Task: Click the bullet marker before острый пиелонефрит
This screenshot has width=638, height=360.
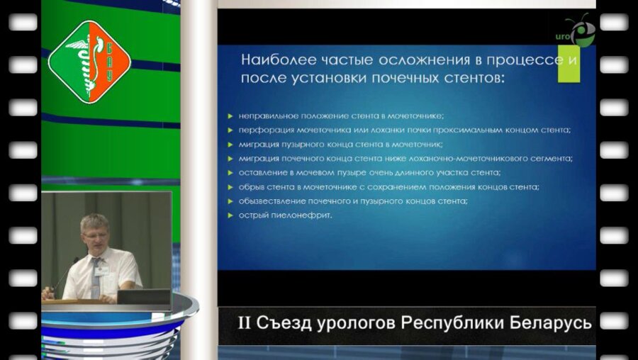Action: point(231,215)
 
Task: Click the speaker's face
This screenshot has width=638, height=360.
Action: point(94,233)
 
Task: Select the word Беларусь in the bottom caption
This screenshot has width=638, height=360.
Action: point(552,324)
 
